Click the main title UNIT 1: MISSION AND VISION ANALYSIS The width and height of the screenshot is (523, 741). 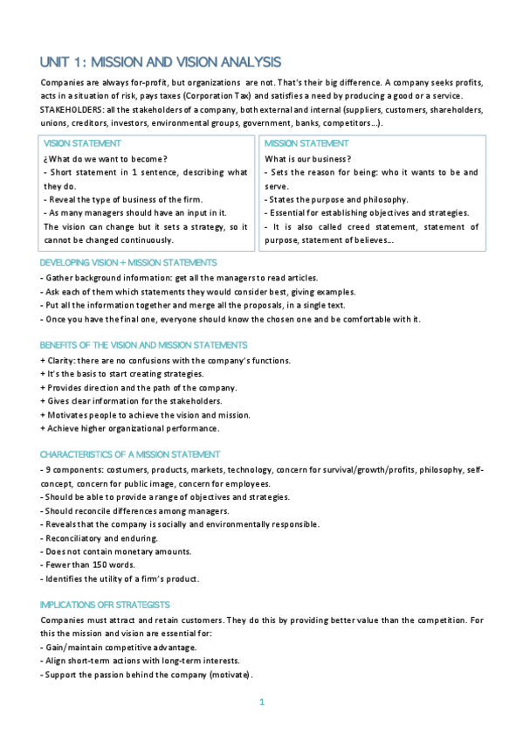point(161,62)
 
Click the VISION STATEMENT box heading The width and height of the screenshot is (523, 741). point(82,143)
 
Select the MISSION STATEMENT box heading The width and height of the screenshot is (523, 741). point(306,143)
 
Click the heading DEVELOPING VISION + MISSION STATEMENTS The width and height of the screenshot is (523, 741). point(128,262)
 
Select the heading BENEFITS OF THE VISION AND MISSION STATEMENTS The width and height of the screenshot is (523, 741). point(143,345)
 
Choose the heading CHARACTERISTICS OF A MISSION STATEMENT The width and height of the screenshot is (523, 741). point(130,454)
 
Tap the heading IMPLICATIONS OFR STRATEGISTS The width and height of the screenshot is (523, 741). point(105,605)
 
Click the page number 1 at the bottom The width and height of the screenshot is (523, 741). point(262,702)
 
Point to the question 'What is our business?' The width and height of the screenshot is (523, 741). point(307,158)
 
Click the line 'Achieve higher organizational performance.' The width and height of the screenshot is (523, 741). point(130,428)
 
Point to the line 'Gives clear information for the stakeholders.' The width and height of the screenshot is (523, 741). point(131,401)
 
